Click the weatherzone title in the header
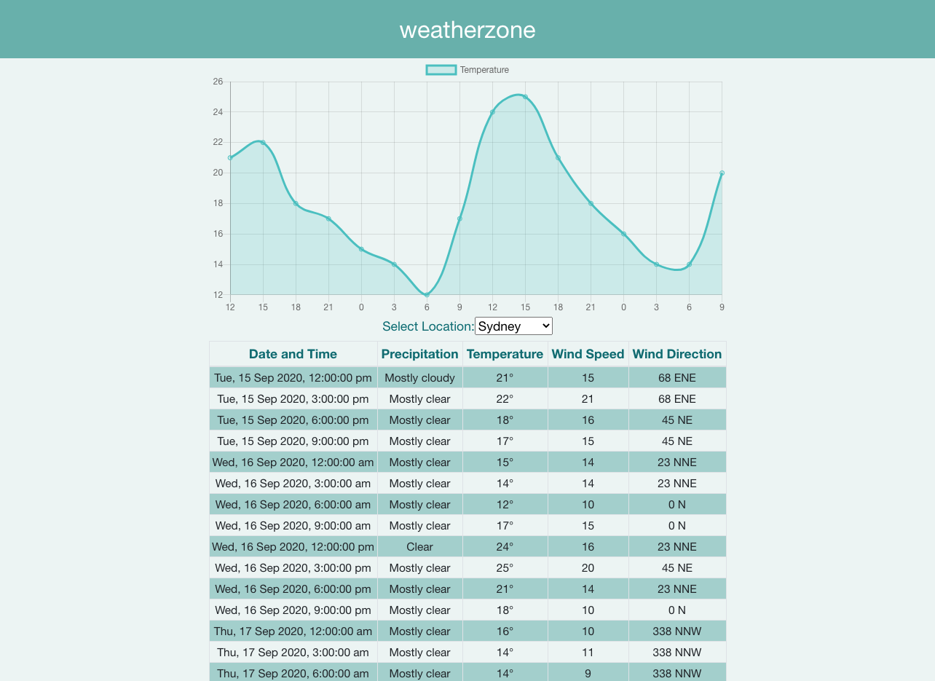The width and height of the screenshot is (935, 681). [x=467, y=30]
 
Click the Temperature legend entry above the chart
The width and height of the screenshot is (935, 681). [x=467, y=70]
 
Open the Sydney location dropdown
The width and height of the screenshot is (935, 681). [x=513, y=326]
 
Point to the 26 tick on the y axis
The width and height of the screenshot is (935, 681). [x=218, y=82]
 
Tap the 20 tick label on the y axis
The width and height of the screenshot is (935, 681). [x=218, y=173]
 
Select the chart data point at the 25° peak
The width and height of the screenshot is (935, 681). [x=525, y=97]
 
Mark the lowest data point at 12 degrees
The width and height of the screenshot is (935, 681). [x=427, y=295]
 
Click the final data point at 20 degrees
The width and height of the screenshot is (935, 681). [x=722, y=173]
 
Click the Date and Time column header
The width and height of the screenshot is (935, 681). [x=293, y=355]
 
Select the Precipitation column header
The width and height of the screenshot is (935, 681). [x=419, y=355]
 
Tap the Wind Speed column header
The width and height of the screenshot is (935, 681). [x=588, y=355]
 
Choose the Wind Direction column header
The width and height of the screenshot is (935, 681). [x=676, y=355]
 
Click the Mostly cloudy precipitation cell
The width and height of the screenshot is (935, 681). [x=419, y=378]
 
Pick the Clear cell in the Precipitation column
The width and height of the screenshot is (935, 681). [x=419, y=547]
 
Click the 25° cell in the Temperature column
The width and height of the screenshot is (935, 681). [x=505, y=568]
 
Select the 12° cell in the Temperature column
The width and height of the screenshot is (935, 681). [x=505, y=505]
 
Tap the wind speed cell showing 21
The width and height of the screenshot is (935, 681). [x=588, y=399]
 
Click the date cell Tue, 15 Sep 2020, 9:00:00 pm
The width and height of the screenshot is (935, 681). [x=293, y=441]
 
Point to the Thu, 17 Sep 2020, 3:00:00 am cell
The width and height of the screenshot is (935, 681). [x=293, y=653]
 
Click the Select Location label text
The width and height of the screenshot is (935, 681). [x=428, y=326]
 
